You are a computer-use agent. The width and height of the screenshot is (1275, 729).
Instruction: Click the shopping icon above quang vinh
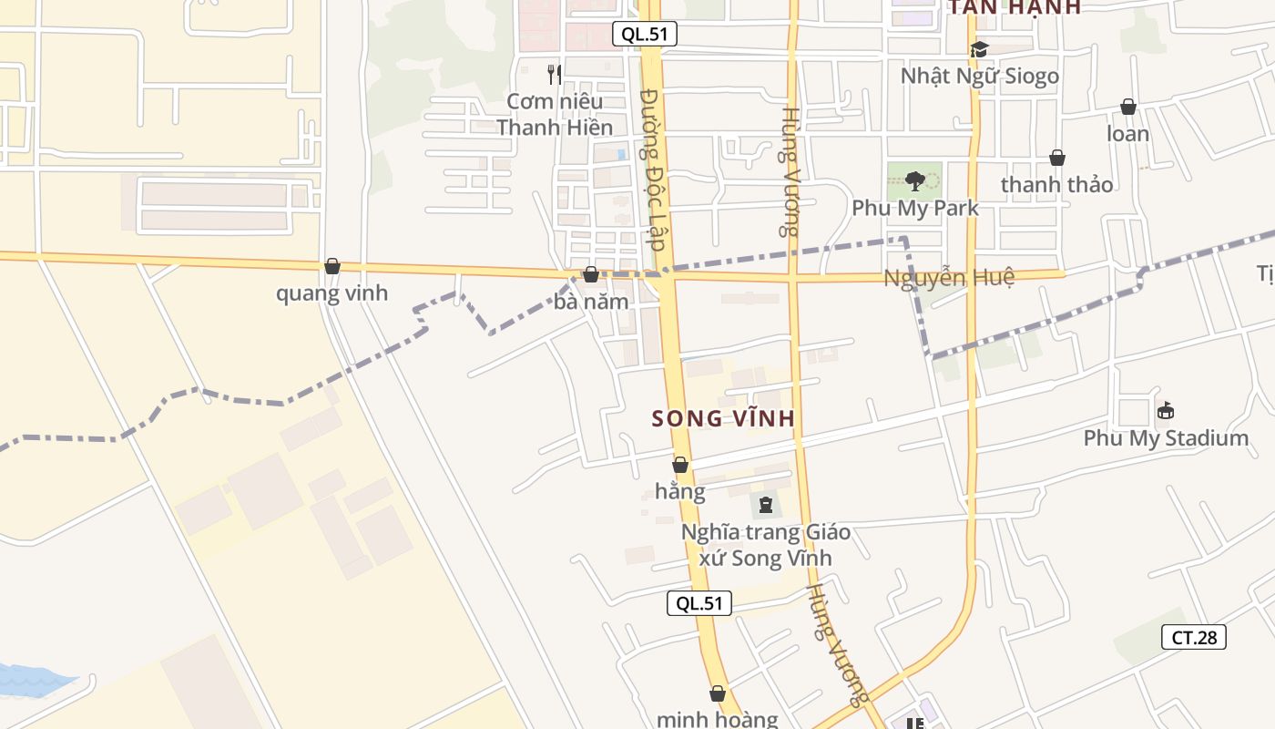[x=332, y=266]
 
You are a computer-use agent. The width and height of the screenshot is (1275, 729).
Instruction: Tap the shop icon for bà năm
[x=591, y=274]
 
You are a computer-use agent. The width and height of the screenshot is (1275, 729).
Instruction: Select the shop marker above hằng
[x=680, y=465]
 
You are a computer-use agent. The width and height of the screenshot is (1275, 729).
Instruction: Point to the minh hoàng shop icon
[x=718, y=693]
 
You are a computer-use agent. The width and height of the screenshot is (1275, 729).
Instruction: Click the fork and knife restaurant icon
[x=554, y=74]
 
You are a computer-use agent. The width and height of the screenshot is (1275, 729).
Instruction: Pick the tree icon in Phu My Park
[x=915, y=180]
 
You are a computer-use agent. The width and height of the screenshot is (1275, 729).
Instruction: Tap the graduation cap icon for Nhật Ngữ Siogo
[x=979, y=49]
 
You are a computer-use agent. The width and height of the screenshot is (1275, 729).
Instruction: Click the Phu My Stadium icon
[x=1165, y=411]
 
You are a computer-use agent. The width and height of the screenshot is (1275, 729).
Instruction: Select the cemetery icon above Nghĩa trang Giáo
[x=765, y=503]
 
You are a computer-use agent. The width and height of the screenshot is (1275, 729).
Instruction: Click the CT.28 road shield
[x=1194, y=637]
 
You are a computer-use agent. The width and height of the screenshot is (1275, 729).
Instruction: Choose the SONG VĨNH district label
[x=724, y=419]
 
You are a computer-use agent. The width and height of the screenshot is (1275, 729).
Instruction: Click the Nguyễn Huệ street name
[x=948, y=278]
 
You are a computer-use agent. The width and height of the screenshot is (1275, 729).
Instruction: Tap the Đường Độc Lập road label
[x=654, y=169]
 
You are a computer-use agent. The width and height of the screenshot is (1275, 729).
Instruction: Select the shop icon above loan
[x=1128, y=107]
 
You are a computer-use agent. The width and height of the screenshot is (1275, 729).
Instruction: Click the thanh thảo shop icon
[x=1057, y=158]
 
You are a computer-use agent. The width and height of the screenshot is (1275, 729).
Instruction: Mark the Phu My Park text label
[x=915, y=208]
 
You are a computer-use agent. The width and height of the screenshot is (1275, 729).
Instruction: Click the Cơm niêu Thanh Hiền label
[x=555, y=114]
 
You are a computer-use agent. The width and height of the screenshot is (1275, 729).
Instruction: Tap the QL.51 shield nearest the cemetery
[x=699, y=602]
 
